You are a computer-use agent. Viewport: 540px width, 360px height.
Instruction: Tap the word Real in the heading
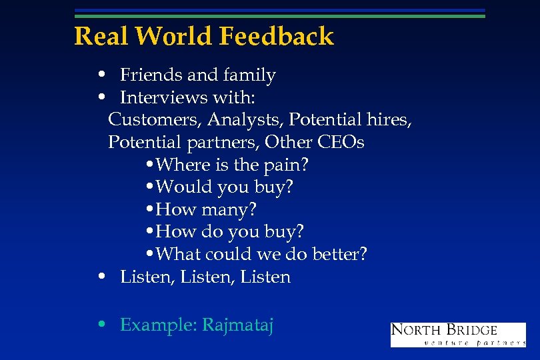97,36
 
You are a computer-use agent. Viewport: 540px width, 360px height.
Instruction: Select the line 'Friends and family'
197,75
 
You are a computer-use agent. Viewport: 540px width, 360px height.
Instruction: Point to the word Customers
153,120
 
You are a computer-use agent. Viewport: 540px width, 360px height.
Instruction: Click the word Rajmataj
238,325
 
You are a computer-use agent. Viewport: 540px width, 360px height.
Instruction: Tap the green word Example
158,325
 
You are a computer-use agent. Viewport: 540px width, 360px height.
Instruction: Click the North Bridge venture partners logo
457,334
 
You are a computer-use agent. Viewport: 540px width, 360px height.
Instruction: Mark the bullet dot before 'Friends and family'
100,75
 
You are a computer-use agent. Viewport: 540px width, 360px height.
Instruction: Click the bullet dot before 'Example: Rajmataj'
100,325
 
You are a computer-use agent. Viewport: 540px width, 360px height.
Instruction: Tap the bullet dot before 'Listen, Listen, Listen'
100,277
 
